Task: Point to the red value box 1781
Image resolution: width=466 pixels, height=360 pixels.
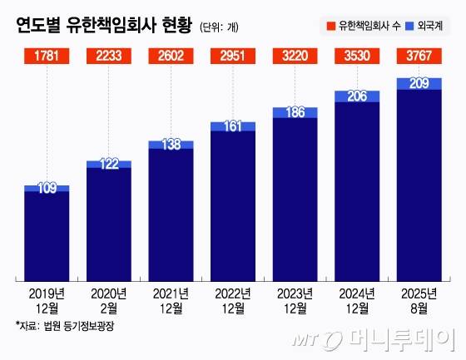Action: coord(47,57)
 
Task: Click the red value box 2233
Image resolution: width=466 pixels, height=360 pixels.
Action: coord(109,57)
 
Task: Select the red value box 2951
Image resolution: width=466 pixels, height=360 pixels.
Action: coord(233,57)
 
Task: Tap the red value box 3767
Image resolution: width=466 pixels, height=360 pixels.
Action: coord(419,57)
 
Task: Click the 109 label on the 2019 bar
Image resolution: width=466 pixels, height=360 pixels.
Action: coord(47,189)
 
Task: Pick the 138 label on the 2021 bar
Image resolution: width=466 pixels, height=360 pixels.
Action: coord(171,145)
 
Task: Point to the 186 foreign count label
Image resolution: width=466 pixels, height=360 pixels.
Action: coord(295,111)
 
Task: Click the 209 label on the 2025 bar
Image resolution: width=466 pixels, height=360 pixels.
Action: coord(419,83)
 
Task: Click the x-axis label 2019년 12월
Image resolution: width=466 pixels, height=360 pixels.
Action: coord(47,299)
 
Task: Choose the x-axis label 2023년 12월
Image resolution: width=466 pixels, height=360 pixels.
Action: coord(295,299)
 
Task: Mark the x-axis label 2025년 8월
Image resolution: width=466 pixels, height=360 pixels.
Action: coord(419,299)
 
